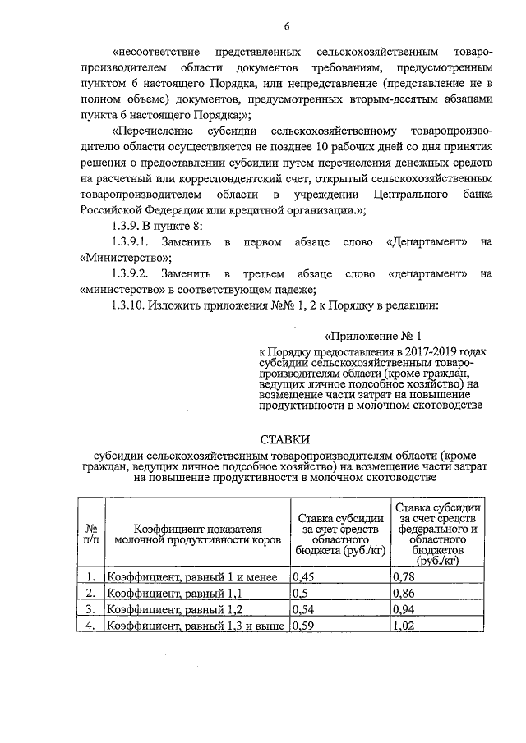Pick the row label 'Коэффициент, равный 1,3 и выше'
[196, 626]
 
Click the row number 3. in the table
[90, 609]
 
